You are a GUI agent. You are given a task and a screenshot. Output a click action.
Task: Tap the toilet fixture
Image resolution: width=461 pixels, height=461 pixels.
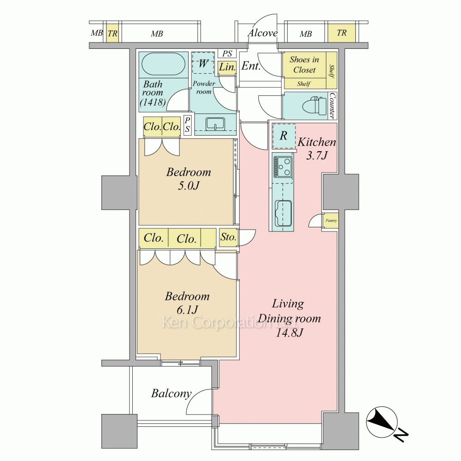317,106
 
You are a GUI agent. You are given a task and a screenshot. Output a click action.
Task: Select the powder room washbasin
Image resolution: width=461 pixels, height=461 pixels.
215,124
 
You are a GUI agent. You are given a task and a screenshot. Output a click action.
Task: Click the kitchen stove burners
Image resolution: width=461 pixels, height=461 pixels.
283,167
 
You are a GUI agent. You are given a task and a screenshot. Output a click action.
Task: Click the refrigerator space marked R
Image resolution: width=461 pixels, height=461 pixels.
284,136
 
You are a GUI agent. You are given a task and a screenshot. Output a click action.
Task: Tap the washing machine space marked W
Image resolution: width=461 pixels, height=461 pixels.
203,63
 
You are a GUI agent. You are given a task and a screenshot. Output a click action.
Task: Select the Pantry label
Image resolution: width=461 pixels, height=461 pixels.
331,220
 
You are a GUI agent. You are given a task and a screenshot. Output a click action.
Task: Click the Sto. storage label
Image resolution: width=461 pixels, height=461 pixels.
229,237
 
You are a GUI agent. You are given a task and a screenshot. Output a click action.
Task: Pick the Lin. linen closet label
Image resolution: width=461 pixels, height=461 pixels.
227,67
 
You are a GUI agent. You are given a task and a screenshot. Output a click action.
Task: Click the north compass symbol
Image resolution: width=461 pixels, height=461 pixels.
382,422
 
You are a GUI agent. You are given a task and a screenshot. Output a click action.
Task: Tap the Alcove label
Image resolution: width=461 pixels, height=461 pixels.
263,33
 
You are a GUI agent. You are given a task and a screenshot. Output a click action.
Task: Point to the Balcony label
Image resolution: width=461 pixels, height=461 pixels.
171,393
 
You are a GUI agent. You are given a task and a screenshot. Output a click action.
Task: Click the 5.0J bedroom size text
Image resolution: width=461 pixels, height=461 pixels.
189,186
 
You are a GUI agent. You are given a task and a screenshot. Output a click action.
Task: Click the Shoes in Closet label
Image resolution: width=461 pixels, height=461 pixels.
304,65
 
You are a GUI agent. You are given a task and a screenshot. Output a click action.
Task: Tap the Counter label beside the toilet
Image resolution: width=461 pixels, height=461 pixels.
332,106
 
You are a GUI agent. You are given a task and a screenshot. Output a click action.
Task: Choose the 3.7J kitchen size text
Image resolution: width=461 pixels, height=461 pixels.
317,155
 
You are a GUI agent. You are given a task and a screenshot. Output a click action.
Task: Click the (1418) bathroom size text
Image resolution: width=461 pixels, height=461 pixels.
153,102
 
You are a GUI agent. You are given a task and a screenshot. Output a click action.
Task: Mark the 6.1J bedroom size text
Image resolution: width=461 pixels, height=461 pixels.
187,310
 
